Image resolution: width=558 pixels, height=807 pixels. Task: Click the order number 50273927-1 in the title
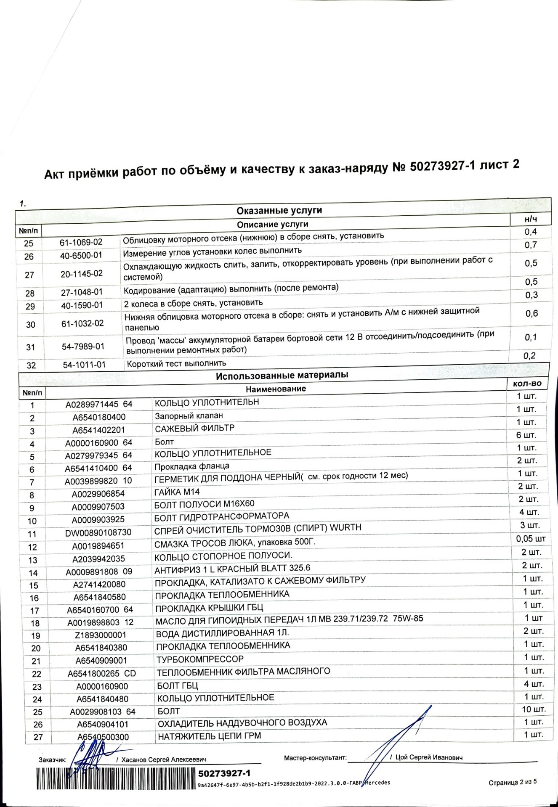pos(442,167)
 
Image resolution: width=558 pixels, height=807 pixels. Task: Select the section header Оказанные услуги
pos(279,210)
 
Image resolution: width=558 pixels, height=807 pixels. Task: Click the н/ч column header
pos(531,219)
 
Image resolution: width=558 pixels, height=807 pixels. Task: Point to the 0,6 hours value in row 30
pos(531,313)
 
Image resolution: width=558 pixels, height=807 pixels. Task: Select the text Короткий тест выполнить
pos(176,363)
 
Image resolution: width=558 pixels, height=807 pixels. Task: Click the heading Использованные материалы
pos(282,375)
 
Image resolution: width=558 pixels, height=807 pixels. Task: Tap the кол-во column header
pos(527,384)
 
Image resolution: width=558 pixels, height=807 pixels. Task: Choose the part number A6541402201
pos(99,430)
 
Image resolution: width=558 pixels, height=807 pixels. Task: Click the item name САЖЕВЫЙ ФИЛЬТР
pos(194,428)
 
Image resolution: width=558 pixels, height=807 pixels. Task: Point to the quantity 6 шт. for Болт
pos(526,435)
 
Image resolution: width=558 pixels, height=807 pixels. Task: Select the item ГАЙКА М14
pos(177,492)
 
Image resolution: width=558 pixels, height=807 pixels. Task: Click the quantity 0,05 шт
pos(531,539)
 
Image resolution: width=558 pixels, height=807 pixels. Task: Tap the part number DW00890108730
pos(98,533)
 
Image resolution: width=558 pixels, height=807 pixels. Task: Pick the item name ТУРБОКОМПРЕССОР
pos(200,659)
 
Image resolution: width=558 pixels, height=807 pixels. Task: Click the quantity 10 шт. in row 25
pos(534,709)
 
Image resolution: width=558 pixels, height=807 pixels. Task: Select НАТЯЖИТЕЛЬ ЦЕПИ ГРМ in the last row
pos(209,736)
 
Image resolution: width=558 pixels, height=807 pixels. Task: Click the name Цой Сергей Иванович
pos(429,757)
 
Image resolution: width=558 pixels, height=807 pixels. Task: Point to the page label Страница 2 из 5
pos(513,782)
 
